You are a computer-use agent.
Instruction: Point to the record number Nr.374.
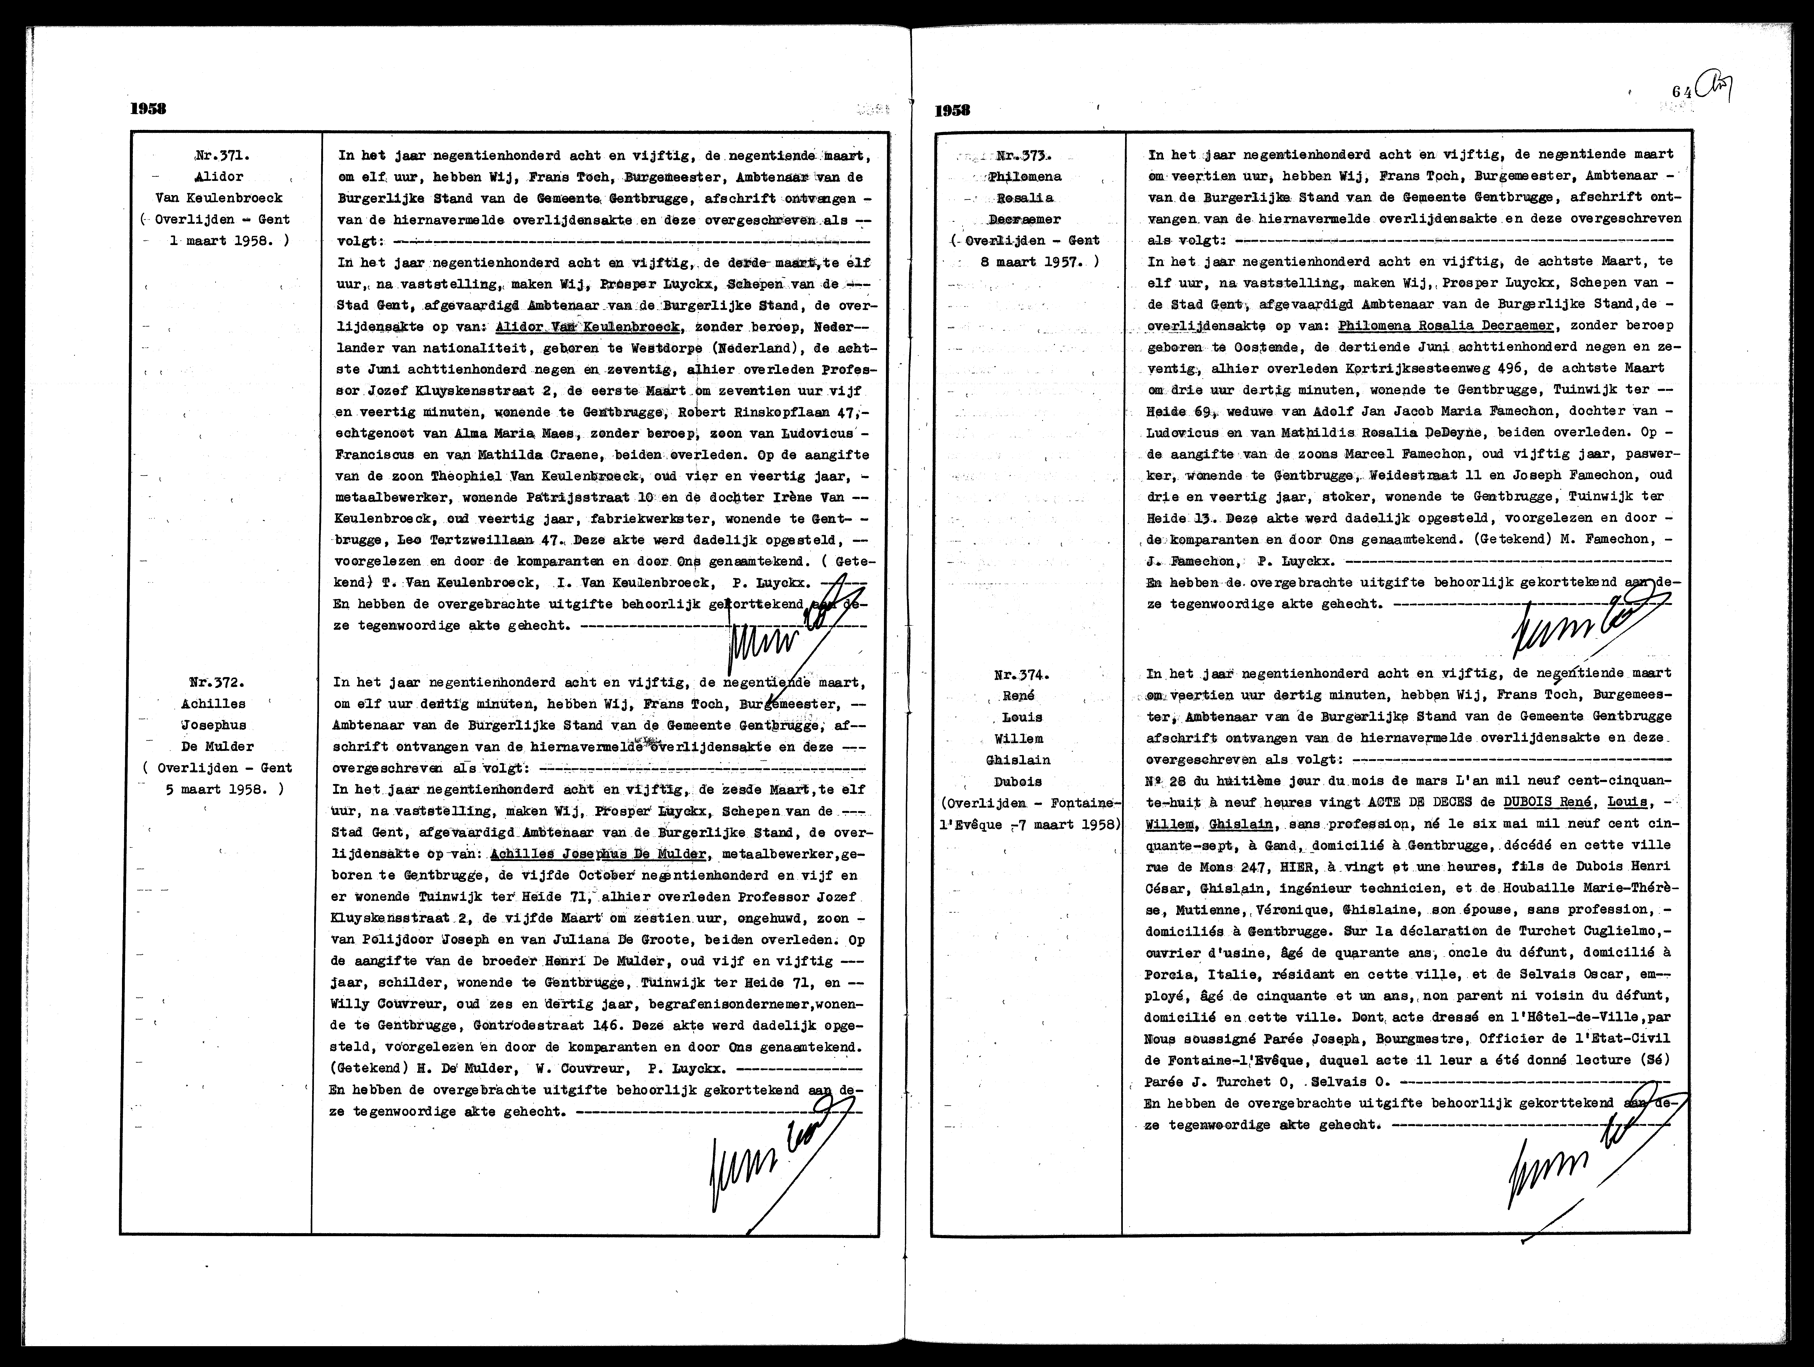click(x=1022, y=675)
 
